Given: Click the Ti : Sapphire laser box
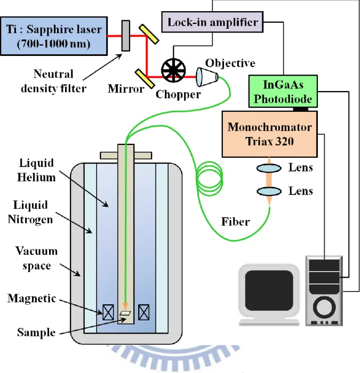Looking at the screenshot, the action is point(54,36).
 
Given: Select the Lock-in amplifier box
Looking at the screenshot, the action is point(212,22).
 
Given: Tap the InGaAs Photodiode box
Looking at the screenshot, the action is point(283,91).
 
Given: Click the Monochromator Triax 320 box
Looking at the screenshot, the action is point(270,134).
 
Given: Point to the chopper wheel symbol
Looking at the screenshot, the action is point(173,70).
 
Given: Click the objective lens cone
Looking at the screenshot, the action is point(207,77).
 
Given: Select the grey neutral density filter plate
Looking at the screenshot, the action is point(126,36).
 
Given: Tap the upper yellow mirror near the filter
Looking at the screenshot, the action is point(149,34).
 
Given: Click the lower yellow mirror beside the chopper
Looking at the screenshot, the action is point(145,79).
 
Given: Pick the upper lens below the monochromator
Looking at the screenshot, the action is point(269,168).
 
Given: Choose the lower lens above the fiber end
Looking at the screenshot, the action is point(269,191).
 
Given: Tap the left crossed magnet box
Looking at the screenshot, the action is point(108,312).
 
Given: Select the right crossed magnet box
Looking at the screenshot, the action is point(144,312).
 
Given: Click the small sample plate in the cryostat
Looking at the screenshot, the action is point(125,313).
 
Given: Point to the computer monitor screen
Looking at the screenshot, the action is point(269,290).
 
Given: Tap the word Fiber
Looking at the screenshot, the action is point(236,222).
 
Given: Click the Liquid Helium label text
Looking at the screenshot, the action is point(36,170).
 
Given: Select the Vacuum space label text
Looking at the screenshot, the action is point(37,258).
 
